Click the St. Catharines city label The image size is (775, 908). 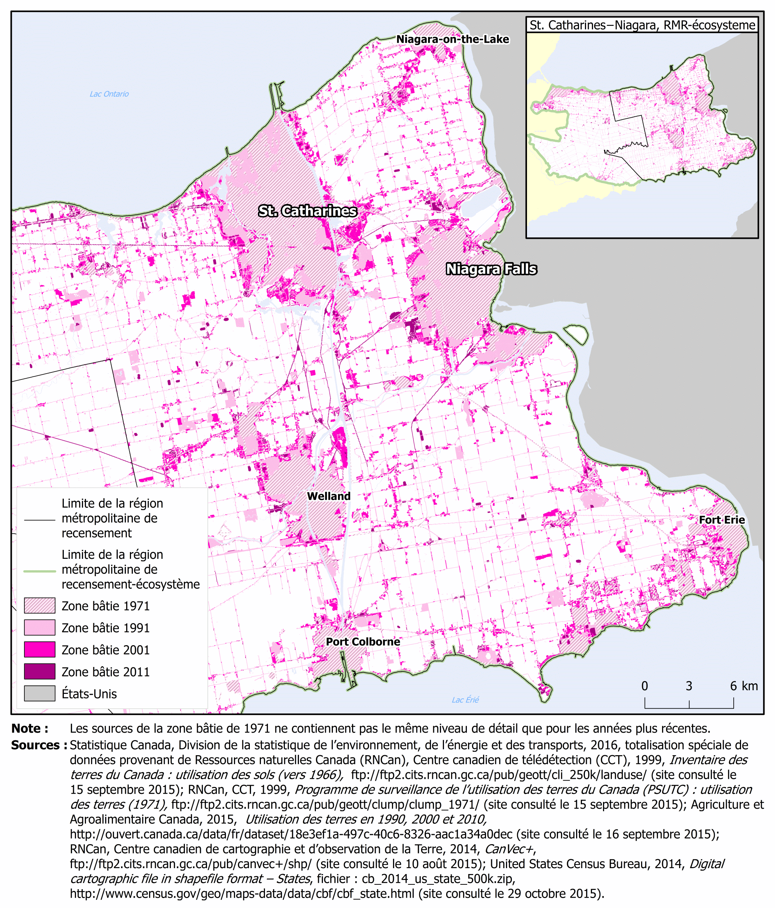[307, 211]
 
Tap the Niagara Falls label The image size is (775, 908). [491, 269]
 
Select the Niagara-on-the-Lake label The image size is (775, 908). [452, 39]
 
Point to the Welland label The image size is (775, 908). [328, 496]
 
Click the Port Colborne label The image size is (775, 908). [363, 642]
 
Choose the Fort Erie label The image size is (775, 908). [721, 520]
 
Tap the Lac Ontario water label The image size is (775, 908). [109, 94]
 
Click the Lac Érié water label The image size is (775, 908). [465, 700]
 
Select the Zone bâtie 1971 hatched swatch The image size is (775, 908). [39, 606]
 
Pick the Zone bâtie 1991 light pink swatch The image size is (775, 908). [39, 627]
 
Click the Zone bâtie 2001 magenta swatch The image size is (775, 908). [39, 650]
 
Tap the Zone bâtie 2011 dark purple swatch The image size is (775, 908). [39, 671]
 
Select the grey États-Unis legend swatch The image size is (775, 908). [39, 693]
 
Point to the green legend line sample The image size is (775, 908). [39, 571]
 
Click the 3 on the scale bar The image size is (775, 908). [689, 686]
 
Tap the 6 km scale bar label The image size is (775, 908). [744, 686]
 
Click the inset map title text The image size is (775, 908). [642, 25]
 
